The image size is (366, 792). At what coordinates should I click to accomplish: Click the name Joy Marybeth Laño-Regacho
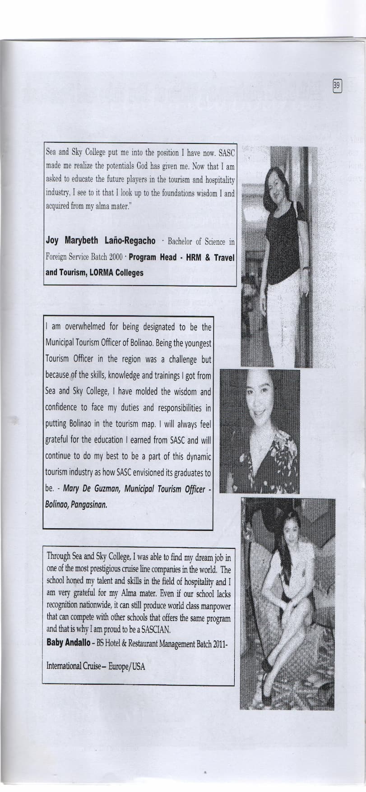click(101, 241)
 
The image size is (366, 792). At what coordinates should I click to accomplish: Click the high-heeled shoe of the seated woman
click(267, 679)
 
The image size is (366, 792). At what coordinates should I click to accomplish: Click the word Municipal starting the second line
click(61, 343)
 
